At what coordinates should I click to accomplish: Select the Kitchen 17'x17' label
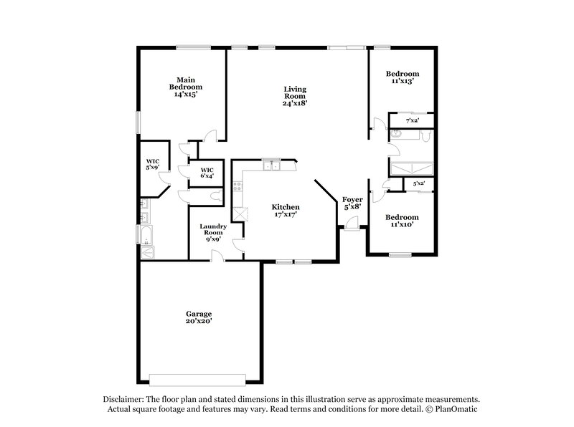[285, 211]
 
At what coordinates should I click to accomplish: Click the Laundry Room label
[213, 232]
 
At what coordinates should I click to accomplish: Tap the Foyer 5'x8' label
[352, 203]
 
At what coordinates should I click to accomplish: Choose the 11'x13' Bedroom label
[402, 77]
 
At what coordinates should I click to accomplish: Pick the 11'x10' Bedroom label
[402, 221]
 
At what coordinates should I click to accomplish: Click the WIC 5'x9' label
[152, 165]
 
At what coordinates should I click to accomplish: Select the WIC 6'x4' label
[207, 173]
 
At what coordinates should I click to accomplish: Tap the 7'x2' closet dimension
[412, 120]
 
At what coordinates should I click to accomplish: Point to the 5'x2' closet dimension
[419, 184]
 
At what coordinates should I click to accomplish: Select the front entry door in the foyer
[352, 225]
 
